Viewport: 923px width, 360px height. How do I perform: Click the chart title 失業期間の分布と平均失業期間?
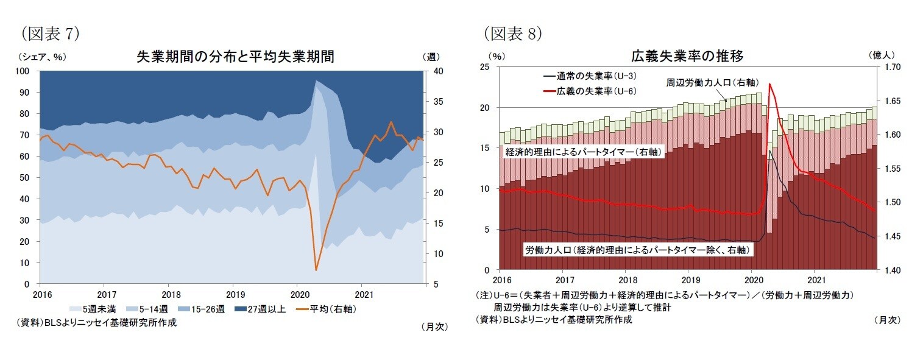click(235, 57)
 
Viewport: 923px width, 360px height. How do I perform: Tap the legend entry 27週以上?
click(264, 309)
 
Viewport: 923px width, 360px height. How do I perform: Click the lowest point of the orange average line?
click(316, 270)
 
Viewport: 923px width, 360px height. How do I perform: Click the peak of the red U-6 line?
click(770, 84)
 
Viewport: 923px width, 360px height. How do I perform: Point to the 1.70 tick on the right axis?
click(888, 67)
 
